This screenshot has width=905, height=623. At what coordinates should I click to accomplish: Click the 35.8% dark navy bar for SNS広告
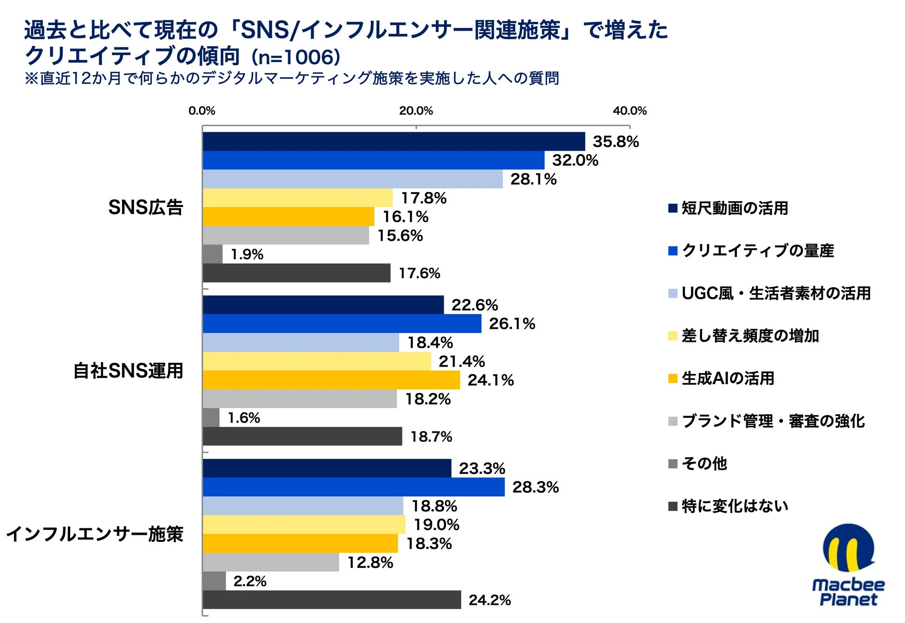pyautogui.click(x=394, y=141)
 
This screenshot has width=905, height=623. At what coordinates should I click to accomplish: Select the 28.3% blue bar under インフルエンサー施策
pyautogui.click(x=354, y=487)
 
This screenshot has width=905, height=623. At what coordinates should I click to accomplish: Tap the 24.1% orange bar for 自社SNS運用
pyautogui.click(x=331, y=380)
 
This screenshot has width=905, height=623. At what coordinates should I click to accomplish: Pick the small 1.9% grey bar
pyautogui.click(x=213, y=254)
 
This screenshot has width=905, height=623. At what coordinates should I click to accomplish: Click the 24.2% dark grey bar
pyautogui.click(x=332, y=600)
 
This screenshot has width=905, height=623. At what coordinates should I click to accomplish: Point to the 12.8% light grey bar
pyautogui.click(x=271, y=562)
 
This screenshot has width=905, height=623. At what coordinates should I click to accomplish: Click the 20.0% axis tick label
pyautogui.click(x=416, y=111)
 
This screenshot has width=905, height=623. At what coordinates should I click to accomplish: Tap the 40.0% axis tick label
pyautogui.click(x=629, y=111)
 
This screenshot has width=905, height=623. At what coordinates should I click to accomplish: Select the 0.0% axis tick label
pyautogui.click(x=202, y=111)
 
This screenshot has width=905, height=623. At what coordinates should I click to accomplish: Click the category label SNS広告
pyautogui.click(x=146, y=207)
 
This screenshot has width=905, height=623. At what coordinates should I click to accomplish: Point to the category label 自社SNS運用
pyautogui.click(x=129, y=371)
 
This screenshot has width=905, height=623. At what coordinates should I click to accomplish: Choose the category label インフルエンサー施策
pyautogui.click(x=95, y=534)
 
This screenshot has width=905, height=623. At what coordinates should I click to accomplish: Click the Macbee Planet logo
pyautogui.click(x=848, y=566)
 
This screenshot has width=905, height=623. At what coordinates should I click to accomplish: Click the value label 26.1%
pyautogui.click(x=512, y=324)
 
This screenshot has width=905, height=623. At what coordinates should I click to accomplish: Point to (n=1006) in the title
pyautogui.click(x=296, y=58)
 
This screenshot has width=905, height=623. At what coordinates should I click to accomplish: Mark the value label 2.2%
pyautogui.click(x=250, y=581)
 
